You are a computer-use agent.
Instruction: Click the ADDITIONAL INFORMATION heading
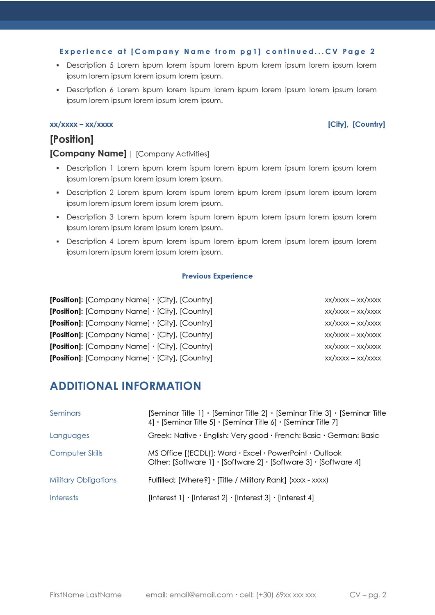[125, 386]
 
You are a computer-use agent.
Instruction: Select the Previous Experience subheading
[217, 276]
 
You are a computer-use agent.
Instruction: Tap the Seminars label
[65, 413]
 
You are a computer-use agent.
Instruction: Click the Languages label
[69, 435]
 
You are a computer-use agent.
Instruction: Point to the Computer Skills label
[76, 453]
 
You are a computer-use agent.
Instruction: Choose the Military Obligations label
[83, 480]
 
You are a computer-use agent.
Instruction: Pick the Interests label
[64, 497]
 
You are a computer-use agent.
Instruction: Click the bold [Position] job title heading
[72, 139]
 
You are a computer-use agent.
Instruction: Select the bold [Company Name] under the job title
[88, 153]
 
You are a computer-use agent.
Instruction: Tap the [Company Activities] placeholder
[172, 154]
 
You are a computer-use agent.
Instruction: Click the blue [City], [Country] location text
[356, 124]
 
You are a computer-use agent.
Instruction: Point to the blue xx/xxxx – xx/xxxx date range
[81, 124]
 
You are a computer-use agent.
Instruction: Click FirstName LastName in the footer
[86, 594]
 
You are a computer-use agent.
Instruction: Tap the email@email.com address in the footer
[201, 594]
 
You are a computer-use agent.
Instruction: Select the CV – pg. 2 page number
[368, 594]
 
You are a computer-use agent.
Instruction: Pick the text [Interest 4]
[296, 497]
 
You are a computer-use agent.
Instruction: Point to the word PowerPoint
[287, 453]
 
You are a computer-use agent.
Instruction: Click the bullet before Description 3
[57, 217]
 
